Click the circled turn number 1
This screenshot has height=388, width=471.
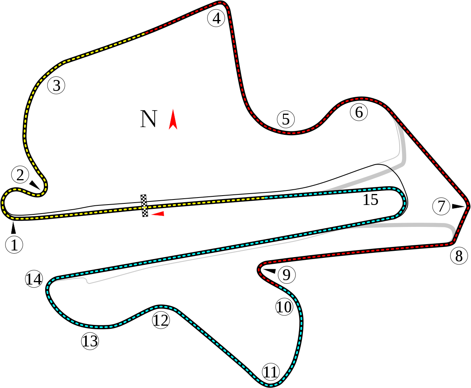pyautogui.click(x=14, y=245)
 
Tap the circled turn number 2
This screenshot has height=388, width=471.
pyautogui.click(x=20, y=175)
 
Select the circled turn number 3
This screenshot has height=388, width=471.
pyautogui.click(x=57, y=85)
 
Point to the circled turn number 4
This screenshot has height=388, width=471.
pyautogui.click(x=216, y=18)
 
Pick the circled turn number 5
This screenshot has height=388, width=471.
pyautogui.click(x=286, y=119)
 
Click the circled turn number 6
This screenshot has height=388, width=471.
pyautogui.click(x=359, y=112)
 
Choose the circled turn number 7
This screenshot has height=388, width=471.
pyautogui.click(x=441, y=206)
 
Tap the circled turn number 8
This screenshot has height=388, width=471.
pyautogui.click(x=459, y=256)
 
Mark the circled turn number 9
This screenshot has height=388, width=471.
pyautogui.click(x=287, y=275)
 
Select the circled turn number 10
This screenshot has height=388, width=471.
pyautogui.click(x=284, y=306)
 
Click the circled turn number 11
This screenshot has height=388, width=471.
pyautogui.click(x=271, y=372)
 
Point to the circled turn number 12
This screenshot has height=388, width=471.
pyautogui.click(x=161, y=320)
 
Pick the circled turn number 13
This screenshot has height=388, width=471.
pyautogui.click(x=90, y=341)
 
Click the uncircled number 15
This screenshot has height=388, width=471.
pyautogui.click(x=371, y=200)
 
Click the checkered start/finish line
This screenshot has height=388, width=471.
pyautogui.click(x=144, y=205)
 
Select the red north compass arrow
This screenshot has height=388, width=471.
pyautogui.click(x=173, y=120)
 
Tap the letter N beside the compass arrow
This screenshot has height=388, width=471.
pyautogui.click(x=148, y=119)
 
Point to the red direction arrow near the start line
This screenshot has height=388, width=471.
pyautogui.click(x=158, y=214)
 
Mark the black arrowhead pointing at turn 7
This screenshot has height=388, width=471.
pyautogui.click(x=458, y=206)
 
